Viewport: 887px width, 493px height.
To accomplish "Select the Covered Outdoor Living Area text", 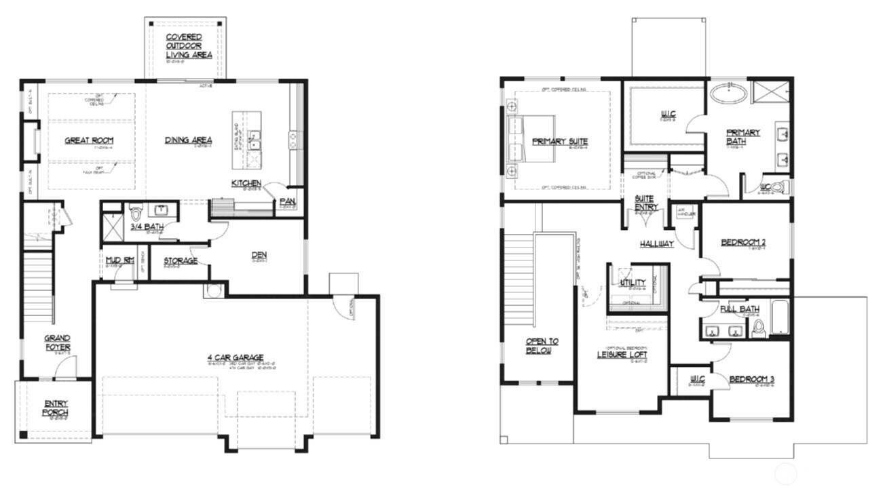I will [x=189, y=45].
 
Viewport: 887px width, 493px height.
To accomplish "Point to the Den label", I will [x=259, y=255].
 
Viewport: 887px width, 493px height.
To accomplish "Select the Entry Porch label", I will [x=56, y=408].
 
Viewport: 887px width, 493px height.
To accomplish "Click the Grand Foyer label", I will [x=58, y=342].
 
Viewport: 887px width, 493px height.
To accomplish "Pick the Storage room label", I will [x=181, y=260].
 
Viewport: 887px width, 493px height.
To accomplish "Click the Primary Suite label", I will [x=560, y=141].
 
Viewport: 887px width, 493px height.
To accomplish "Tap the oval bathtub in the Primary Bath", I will [x=728, y=94].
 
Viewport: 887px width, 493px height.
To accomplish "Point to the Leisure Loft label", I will [x=622, y=355].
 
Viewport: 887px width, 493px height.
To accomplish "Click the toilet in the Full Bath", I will [x=759, y=328].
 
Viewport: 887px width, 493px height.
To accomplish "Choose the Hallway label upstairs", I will [x=657, y=243].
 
